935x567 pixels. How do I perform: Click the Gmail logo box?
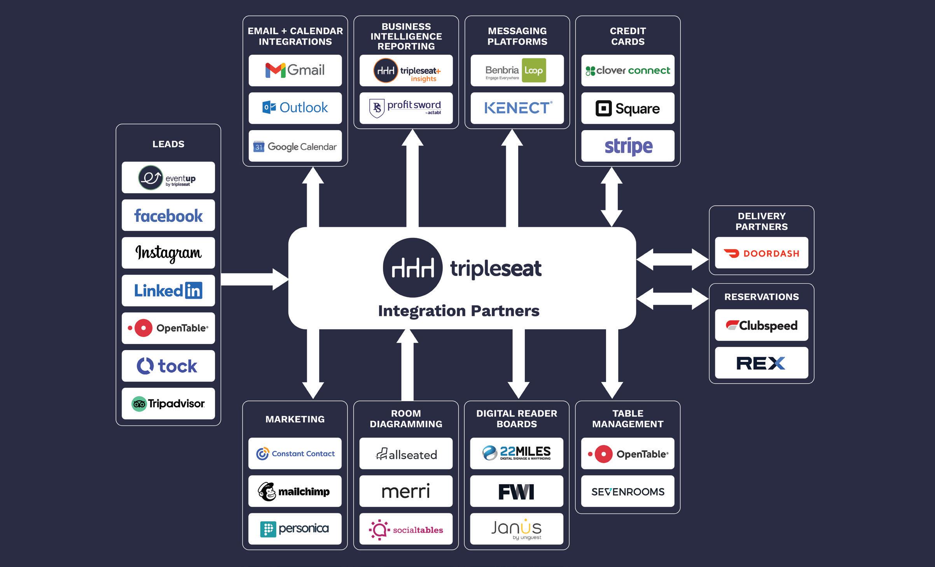pyautogui.click(x=295, y=70)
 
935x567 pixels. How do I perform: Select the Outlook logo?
pyautogui.click(x=295, y=108)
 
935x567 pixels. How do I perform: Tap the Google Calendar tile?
pyautogui.click(x=295, y=146)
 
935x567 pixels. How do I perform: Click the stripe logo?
pyautogui.click(x=627, y=146)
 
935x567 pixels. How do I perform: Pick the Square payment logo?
pyautogui.click(x=627, y=108)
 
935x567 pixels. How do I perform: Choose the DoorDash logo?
pyautogui.click(x=761, y=253)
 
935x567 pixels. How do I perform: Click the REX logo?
pyautogui.click(x=761, y=363)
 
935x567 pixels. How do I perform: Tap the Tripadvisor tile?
pyautogui.click(x=168, y=403)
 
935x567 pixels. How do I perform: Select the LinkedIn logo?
pyautogui.click(x=168, y=290)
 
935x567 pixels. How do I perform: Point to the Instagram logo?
pyautogui.click(x=168, y=253)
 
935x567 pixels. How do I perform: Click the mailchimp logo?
pyautogui.click(x=295, y=491)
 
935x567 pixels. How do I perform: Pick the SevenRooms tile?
pyautogui.click(x=627, y=491)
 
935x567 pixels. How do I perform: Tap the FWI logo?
pyautogui.click(x=516, y=491)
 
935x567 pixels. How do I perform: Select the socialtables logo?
pyautogui.click(x=405, y=529)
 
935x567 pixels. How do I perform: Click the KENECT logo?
pyautogui.click(x=517, y=108)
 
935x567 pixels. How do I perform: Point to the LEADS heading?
pyautogui.click(x=168, y=144)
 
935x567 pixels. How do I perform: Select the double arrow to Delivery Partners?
pyautogui.click(x=672, y=259)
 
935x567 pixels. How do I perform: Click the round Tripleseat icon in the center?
pyautogui.click(x=412, y=268)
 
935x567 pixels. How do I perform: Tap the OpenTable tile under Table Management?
pyautogui.click(x=627, y=454)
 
